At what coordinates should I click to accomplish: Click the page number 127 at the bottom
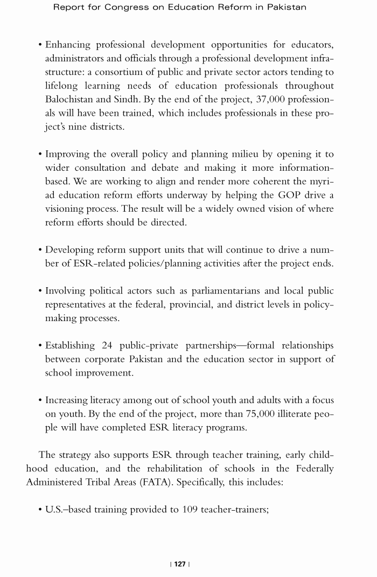(x=180, y=564)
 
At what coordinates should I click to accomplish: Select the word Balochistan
(x=72, y=100)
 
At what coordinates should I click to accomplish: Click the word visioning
(x=66, y=208)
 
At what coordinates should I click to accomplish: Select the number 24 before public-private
(x=107, y=345)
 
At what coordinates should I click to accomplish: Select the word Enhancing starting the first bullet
(x=67, y=45)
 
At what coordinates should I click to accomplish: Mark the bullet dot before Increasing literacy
(x=40, y=400)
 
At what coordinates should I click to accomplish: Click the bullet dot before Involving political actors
(x=40, y=291)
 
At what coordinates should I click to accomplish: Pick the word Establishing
(x=70, y=345)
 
